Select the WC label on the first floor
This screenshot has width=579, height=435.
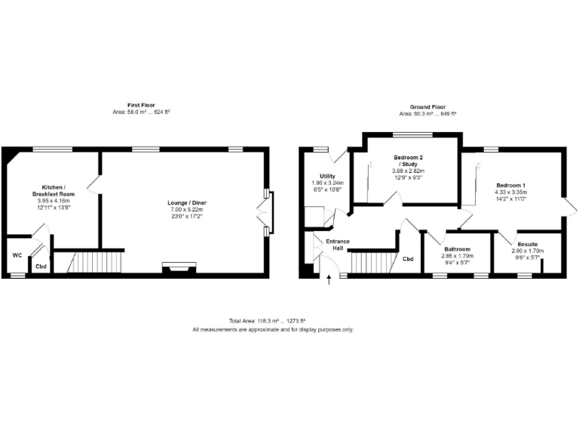tap(17, 255)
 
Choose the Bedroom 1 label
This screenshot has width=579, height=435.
tap(510, 186)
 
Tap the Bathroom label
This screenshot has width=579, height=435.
tap(458, 249)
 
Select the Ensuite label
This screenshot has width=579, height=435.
tap(527, 245)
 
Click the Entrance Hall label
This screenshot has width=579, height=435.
tap(337, 245)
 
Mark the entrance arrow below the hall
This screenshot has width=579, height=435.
tap(329, 282)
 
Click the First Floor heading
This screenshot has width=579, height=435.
tap(138, 105)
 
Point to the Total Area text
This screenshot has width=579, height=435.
tap(273, 322)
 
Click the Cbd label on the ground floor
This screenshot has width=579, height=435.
tap(408, 259)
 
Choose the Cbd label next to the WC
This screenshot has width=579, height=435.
tap(40, 266)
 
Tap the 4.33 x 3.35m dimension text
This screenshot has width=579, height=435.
tap(510, 193)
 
